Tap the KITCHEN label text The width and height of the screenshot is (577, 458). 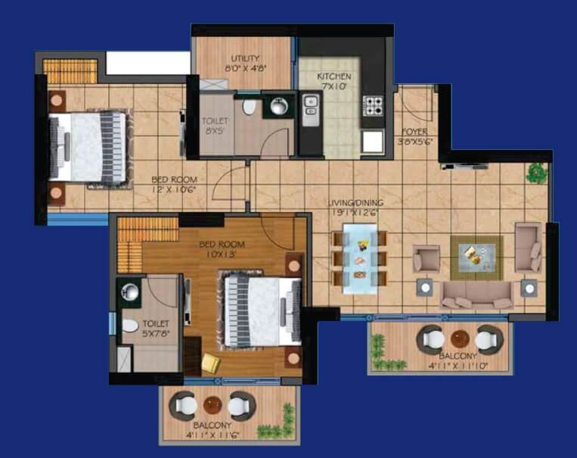coord(333,76)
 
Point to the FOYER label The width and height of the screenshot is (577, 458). coord(415,131)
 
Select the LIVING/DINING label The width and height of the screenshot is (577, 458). coord(355,203)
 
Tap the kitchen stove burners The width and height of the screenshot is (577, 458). coord(374,105)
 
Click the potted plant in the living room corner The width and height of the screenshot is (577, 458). coord(537,173)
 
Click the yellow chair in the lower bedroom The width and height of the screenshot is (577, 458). coord(211,364)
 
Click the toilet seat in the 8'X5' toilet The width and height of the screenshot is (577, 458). coord(249,106)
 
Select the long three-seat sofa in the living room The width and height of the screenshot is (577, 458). coord(476,294)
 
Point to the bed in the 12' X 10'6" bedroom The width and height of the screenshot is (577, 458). coord(88,147)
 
